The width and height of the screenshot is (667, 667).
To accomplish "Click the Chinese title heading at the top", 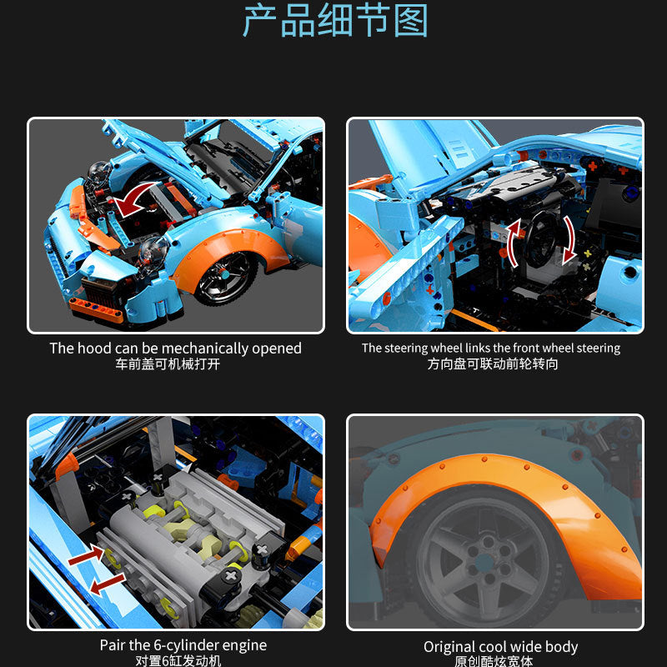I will (x=333, y=23).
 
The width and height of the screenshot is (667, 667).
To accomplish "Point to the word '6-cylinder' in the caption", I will (x=183, y=645).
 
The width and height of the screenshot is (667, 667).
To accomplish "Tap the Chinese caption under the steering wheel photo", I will (x=493, y=364).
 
